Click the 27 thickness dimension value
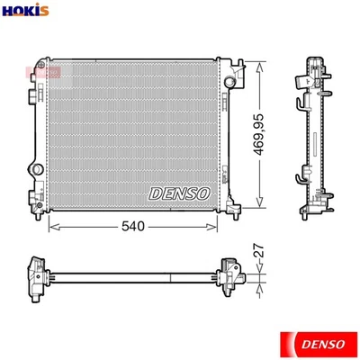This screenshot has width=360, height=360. click(x=259, y=256)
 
